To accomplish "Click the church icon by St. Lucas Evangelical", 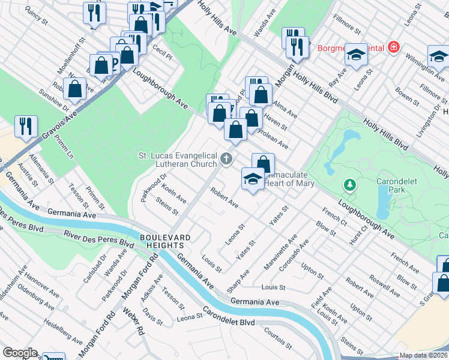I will click(226, 159).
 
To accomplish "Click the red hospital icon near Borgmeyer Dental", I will click(393, 47).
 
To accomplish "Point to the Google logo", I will click(20, 353).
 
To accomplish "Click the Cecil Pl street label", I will click(162, 48).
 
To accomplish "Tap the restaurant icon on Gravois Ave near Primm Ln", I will click(26, 126).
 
